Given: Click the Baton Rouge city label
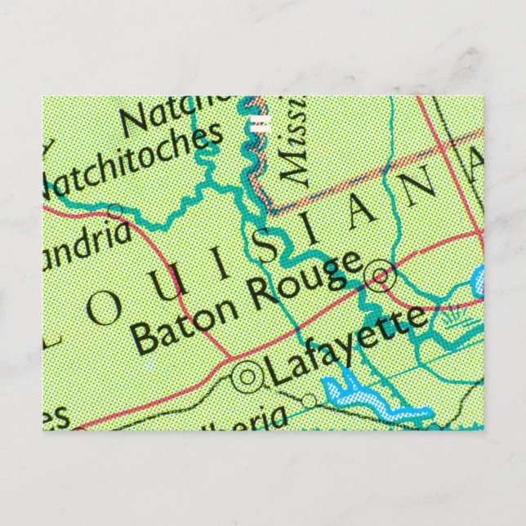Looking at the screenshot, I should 245,303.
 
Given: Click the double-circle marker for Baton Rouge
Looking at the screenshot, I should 381,276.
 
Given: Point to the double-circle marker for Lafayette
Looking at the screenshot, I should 247,376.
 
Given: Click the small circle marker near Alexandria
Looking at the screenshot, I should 114,212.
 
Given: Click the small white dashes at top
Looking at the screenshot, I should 261,125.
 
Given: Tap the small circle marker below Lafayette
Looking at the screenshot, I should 309,401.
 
